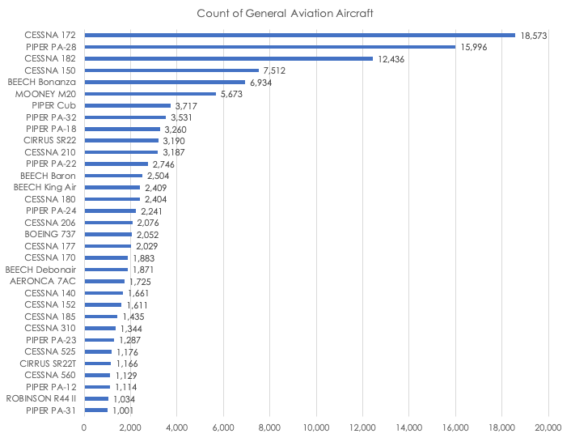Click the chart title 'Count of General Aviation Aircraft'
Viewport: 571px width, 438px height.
[285, 14]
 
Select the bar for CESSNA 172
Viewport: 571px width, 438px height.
[299, 35]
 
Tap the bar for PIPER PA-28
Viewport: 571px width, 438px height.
[269, 47]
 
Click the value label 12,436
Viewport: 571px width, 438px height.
[392, 58]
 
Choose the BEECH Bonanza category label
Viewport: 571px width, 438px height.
[42, 82]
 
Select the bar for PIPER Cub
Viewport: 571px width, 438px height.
[127, 105]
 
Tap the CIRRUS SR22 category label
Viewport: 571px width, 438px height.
[50, 141]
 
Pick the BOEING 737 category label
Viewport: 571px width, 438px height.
[50, 234]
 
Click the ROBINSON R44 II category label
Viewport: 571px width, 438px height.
[42, 398]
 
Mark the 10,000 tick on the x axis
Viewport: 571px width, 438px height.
[316, 427]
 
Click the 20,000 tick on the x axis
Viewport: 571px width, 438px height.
[548, 427]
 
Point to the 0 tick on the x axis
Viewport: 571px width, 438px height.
[84, 427]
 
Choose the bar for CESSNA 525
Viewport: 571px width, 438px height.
[98, 351]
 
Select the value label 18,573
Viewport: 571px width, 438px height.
[535, 35]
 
